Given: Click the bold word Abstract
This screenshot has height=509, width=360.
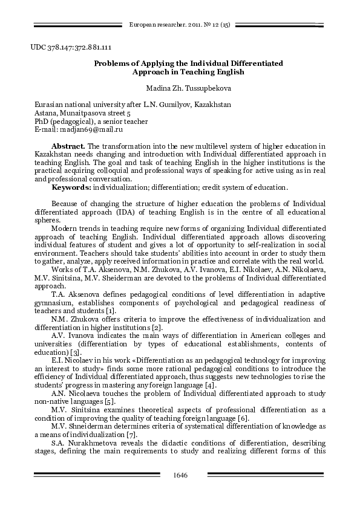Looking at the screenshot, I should tap(69, 146).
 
